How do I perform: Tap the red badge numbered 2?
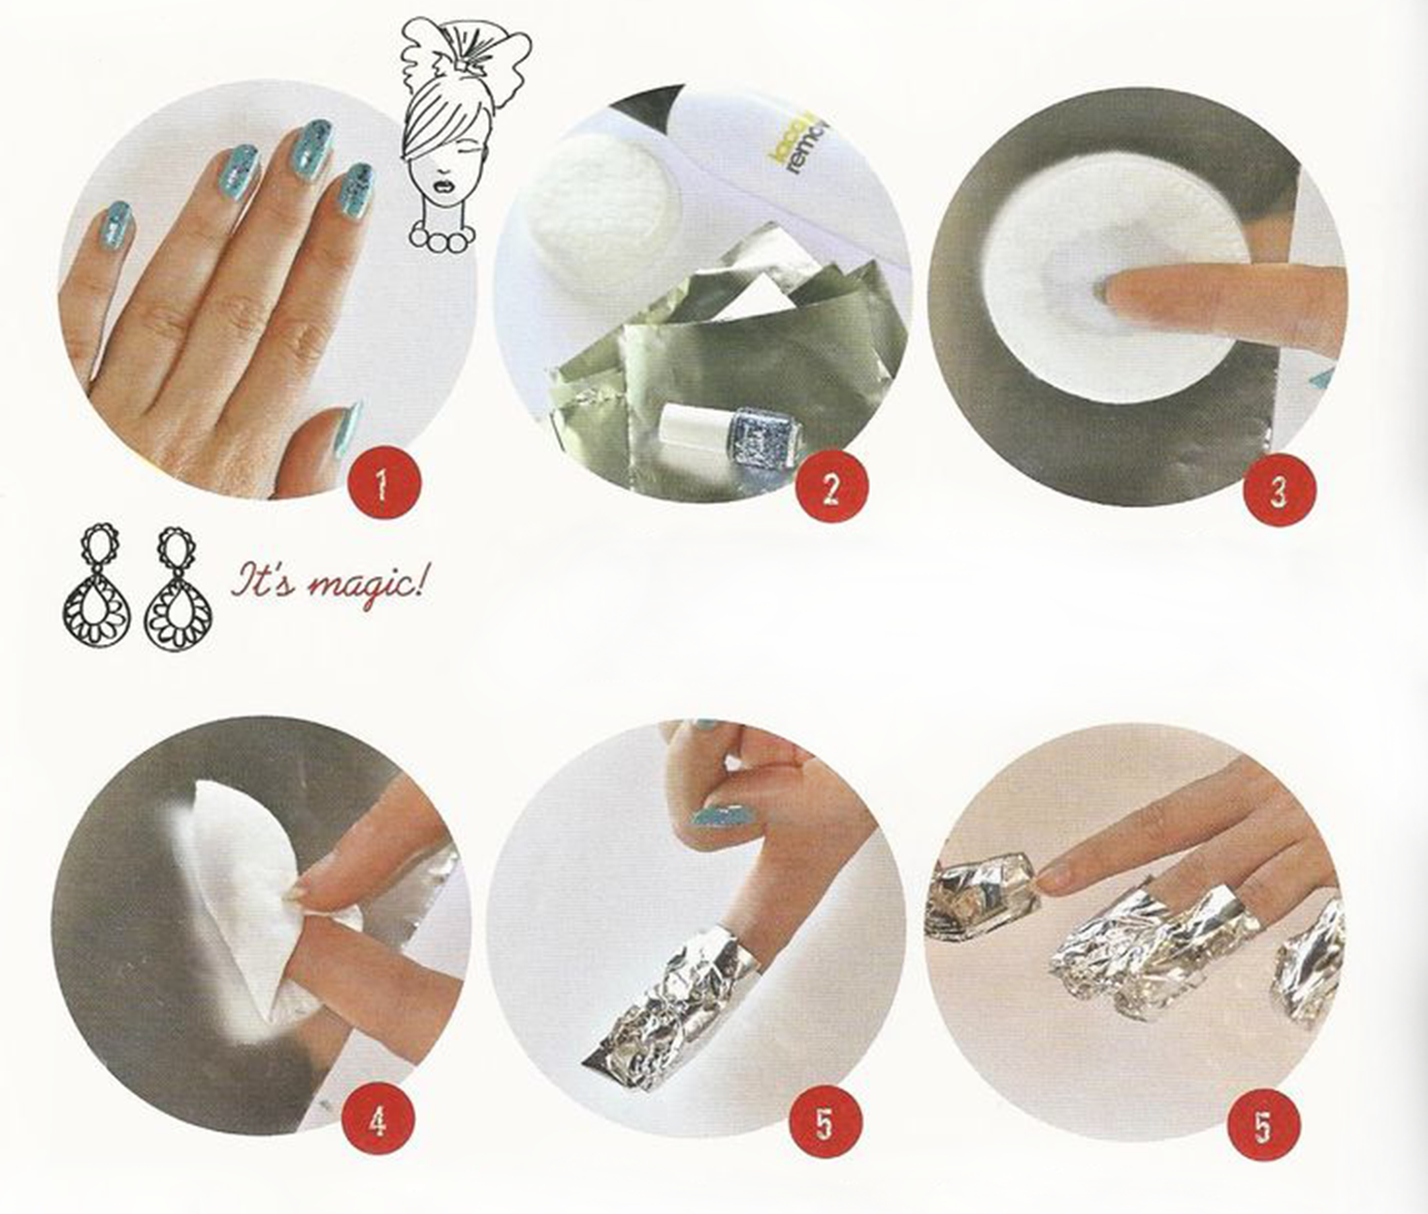[x=830, y=489]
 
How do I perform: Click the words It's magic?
[x=328, y=584]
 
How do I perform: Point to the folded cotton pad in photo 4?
[x=238, y=892]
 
